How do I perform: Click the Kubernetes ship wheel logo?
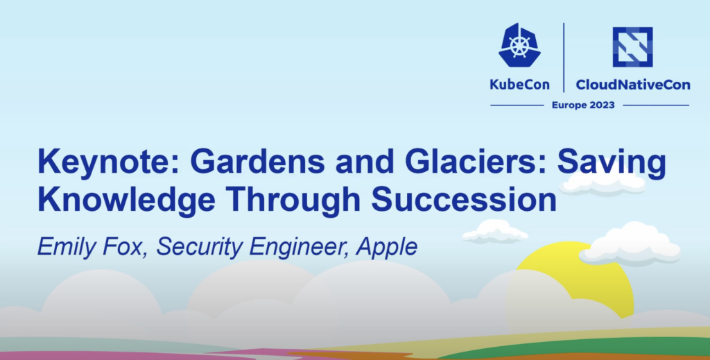click(519, 46)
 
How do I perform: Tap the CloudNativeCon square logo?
click(632, 46)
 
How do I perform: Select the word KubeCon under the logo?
click(519, 85)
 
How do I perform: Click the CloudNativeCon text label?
click(633, 85)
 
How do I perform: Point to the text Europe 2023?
click(583, 105)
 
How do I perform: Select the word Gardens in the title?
click(257, 162)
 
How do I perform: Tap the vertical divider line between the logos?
click(564, 58)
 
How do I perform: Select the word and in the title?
click(365, 162)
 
